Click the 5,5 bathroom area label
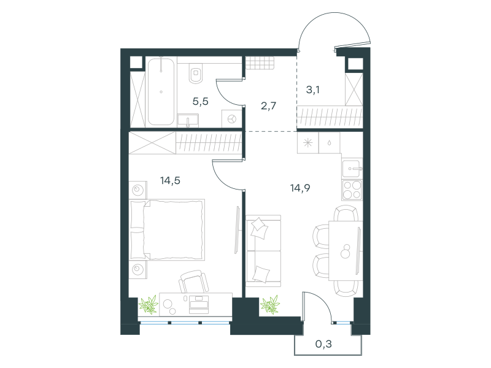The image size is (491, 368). (x=201, y=101)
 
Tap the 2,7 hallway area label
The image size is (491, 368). (x=268, y=105)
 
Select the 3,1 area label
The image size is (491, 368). (x=312, y=90)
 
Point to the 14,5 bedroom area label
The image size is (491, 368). (x=170, y=180)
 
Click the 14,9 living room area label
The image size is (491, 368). (x=300, y=188)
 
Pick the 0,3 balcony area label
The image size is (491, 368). (x=323, y=344)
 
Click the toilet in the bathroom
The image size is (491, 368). (x=196, y=73)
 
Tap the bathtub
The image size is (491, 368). (x=161, y=91)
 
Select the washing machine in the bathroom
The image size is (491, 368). (x=231, y=119)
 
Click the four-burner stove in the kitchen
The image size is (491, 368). (x=352, y=190)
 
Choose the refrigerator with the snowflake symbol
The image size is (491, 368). (x=308, y=143)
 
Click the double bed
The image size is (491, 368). (x=167, y=229)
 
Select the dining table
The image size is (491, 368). (x=346, y=251)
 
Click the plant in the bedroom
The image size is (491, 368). (x=149, y=304)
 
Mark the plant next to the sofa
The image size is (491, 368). (x=270, y=304)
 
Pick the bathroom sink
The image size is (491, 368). (x=188, y=120)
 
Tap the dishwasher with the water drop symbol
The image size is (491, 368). (x=330, y=143)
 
